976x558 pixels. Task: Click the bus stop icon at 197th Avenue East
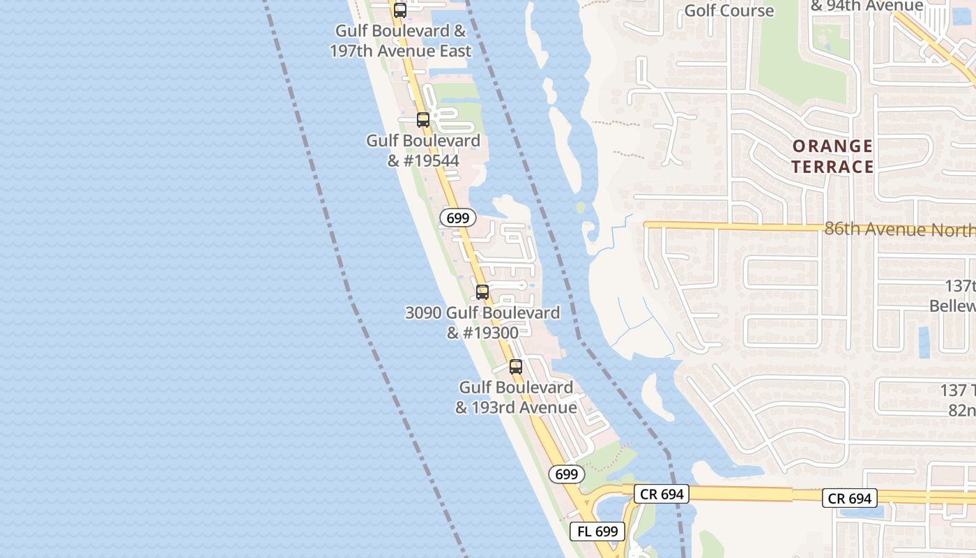[400, 10]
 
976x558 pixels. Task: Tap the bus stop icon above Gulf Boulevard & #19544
[423, 119]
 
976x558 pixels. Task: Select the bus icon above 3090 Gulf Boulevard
[482, 292]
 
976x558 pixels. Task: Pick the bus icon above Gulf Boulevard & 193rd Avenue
[516, 366]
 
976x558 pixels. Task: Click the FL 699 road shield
[597, 531]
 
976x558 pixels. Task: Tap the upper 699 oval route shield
[458, 218]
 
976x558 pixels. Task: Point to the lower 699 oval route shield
[567, 474]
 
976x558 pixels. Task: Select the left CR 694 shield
[662, 495]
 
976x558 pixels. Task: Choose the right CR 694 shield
[849, 498]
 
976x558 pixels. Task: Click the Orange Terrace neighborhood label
[832, 156]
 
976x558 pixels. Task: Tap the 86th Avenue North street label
[899, 229]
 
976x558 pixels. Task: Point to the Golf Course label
[729, 10]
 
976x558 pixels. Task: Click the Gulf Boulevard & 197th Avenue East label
[401, 41]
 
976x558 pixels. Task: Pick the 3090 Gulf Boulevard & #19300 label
[482, 323]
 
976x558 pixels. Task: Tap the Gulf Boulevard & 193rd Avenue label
[516, 398]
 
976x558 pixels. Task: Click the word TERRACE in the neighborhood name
[832, 167]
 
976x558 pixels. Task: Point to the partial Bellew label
[954, 306]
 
